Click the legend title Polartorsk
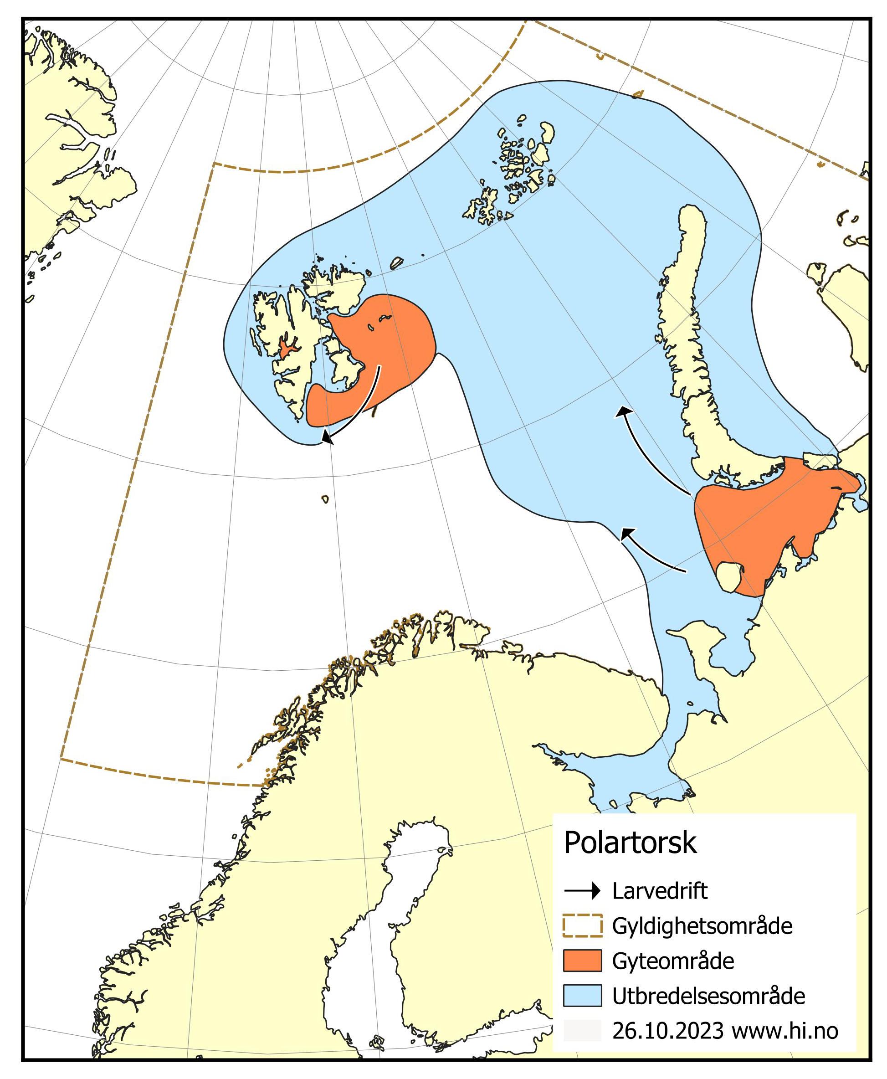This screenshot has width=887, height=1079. (x=630, y=843)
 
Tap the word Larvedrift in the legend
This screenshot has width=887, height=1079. (x=660, y=891)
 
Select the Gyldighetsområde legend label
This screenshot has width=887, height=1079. (x=702, y=926)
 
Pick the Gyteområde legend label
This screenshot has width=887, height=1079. (x=673, y=961)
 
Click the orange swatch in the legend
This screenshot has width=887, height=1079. (x=582, y=961)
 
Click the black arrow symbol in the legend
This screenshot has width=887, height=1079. (x=582, y=891)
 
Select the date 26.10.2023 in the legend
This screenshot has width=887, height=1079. (x=667, y=1031)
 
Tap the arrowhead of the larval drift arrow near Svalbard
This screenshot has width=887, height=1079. (x=327, y=437)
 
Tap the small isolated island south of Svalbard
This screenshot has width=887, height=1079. (x=325, y=499)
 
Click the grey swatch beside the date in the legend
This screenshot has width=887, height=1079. (x=582, y=1031)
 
